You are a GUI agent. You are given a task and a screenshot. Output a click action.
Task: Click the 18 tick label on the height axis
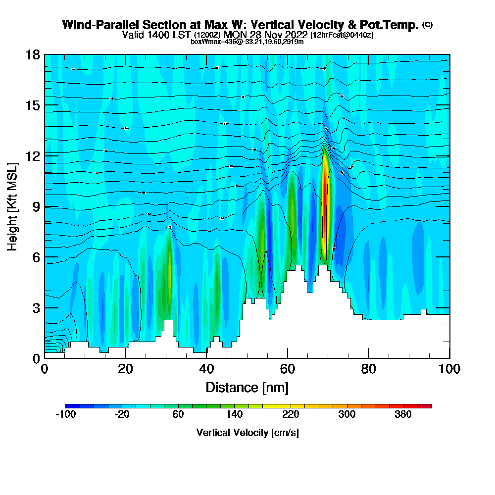tap(33, 54)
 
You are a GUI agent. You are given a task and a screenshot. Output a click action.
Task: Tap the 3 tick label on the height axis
tap(36, 307)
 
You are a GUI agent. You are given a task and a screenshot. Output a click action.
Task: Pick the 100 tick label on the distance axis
tap(449, 369)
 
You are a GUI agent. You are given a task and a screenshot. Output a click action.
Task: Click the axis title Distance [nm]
tap(247, 387)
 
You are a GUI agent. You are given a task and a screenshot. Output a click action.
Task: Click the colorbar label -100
tap(65, 415)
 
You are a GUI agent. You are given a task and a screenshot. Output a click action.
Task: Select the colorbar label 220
tap(291, 415)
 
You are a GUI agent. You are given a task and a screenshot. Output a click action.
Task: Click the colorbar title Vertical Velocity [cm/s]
tap(247, 433)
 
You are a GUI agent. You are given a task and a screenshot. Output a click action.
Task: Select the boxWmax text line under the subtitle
tap(247, 42)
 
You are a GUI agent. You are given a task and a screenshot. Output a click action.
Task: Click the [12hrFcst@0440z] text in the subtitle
tap(342, 35)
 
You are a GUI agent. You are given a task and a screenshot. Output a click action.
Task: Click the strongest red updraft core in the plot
tap(325, 198)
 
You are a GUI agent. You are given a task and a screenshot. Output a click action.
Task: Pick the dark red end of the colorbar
tap(428, 406)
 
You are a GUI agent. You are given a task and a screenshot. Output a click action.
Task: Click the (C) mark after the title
tap(427, 25)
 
